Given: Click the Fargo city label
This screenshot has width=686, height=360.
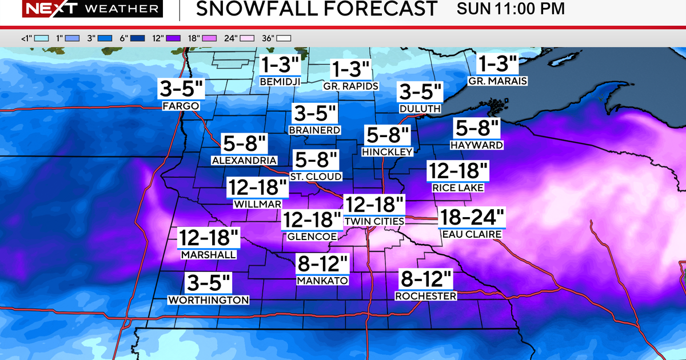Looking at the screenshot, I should click(181, 106).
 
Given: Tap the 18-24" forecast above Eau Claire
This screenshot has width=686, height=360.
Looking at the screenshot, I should click(472, 218).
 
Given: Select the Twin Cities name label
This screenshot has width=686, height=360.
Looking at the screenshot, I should click(374, 221).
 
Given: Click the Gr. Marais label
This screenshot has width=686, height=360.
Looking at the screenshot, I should click(497, 81).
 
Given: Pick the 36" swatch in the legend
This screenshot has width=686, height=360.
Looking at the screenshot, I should click(285, 39).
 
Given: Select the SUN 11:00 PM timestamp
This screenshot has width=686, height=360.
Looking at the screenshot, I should click(511, 9).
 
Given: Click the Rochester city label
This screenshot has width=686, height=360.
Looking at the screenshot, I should click(426, 296).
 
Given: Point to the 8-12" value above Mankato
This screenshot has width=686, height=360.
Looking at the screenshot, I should click(323, 264).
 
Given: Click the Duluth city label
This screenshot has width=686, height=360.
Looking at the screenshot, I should click(420, 109).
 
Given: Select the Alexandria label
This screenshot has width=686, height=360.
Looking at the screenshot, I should click(244, 161).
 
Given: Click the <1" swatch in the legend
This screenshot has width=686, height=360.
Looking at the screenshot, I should click(41, 39).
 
